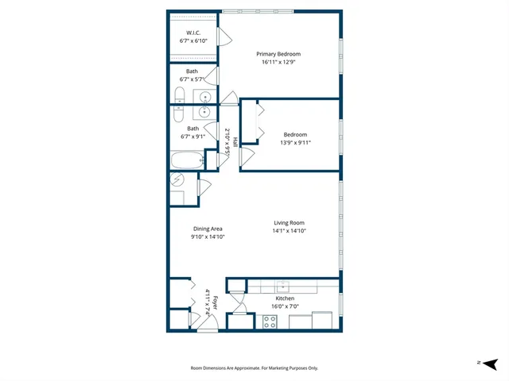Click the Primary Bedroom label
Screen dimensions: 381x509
[278, 54]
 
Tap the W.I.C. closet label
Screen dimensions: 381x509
[192, 33]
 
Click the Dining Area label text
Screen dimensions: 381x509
[207, 229]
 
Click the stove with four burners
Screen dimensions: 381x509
[270, 321]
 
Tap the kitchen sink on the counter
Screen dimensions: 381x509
[282, 286]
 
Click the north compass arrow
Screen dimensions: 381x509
[492, 363]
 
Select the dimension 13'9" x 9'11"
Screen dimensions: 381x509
[295, 143]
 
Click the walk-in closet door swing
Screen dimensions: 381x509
[223, 36]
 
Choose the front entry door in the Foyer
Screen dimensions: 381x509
[207, 325]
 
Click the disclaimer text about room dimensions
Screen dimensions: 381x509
[254, 368]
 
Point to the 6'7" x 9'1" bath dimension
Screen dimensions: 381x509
[192, 136]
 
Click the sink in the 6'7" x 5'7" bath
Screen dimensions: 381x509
[206, 97]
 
